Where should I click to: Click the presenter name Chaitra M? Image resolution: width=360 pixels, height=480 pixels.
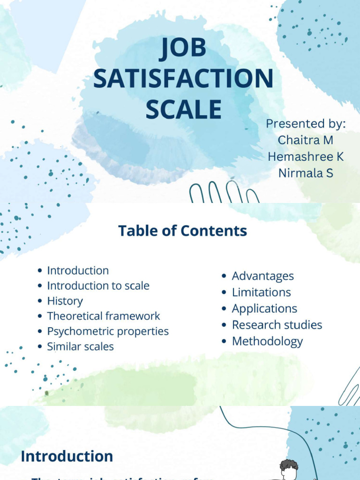(x=305, y=140)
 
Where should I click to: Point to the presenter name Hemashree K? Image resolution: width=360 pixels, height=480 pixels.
(x=305, y=156)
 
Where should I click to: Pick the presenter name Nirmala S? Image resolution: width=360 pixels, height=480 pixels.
(x=305, y=172)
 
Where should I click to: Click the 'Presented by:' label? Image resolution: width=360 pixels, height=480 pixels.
(x=305, y=124)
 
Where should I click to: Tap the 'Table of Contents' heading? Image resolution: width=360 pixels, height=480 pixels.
(x=182, y=231)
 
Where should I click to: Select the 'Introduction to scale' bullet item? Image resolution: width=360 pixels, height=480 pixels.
(x=98, y=285)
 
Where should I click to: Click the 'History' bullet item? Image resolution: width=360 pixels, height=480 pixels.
(x=65, y=301)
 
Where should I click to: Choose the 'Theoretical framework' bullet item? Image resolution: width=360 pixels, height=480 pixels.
(x=103, y=316)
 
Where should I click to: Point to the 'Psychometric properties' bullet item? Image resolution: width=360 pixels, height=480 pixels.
(x=108, y=331)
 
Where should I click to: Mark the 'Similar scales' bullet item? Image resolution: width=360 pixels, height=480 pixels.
(x=80, y=346)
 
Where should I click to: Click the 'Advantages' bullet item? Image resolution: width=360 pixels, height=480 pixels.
(x=262, y=276)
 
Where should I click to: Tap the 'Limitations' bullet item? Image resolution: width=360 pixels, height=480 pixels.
(x=261, y=292)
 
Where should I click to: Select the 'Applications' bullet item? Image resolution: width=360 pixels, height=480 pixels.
(x=264, y=308)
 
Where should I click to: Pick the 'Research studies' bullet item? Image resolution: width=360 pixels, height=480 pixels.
(x=277, y=325)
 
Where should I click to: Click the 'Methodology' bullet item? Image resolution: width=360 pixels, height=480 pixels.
(x=267, y=341)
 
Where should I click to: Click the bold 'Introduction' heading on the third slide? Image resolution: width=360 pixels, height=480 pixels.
(x=67, y=456)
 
